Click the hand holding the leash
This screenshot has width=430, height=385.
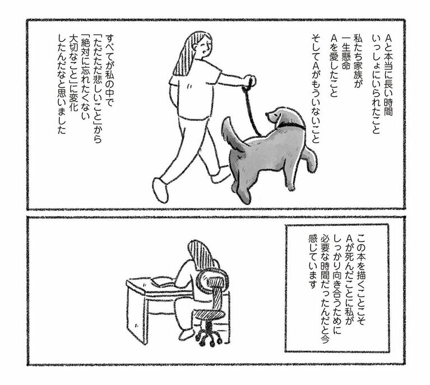pyautogui.click(x=251, y=81)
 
